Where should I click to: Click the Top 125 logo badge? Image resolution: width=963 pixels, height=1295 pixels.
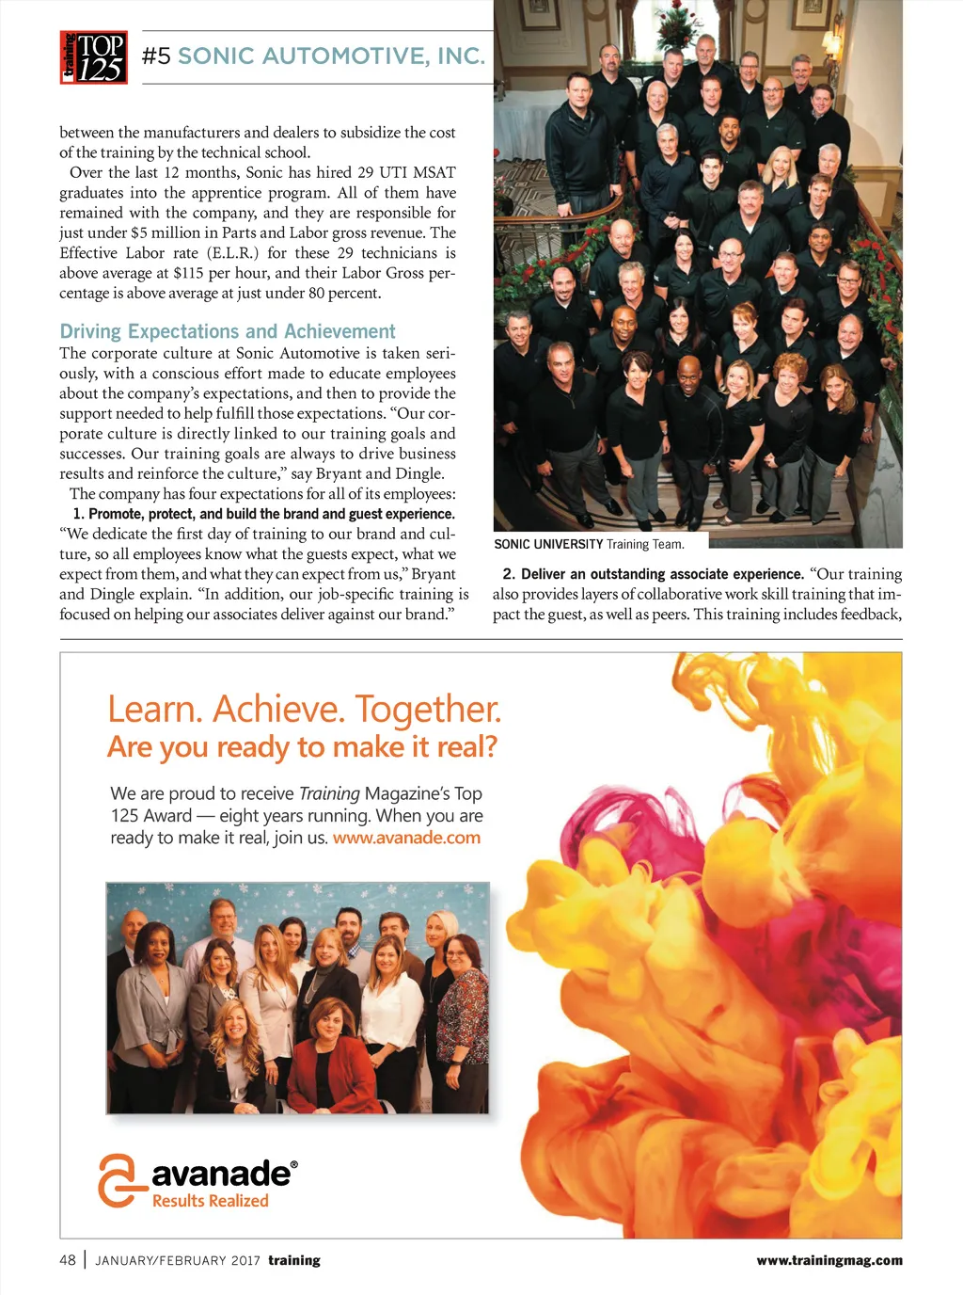(94, 57)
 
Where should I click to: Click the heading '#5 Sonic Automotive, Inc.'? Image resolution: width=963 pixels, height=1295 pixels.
(313, 56)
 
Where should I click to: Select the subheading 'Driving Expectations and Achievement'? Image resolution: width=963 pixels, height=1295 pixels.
(228, 331)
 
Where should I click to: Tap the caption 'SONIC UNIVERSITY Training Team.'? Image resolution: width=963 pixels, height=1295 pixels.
(589, 544)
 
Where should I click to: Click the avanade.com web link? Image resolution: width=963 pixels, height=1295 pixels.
(406, 838)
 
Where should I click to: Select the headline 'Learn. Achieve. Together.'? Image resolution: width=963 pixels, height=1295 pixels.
(304, 710)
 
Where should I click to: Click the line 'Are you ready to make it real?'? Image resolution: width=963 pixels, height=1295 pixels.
(302, 747)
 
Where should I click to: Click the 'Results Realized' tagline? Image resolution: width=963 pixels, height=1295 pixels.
(211, 1201)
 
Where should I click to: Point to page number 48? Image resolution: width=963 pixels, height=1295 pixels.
(68, 1260)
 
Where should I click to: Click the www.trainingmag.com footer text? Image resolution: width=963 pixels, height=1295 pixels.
(829, 1260)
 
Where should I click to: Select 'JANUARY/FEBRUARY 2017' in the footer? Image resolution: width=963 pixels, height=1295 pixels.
(178, 1260)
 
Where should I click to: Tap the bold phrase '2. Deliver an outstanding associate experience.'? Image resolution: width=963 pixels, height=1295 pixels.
(653, 574)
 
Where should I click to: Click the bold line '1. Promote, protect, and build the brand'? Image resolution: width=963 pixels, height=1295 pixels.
(263, 514)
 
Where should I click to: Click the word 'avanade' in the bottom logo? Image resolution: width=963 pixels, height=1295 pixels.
(222, 1174)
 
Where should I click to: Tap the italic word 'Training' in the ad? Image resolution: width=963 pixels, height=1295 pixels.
(329, 793)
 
